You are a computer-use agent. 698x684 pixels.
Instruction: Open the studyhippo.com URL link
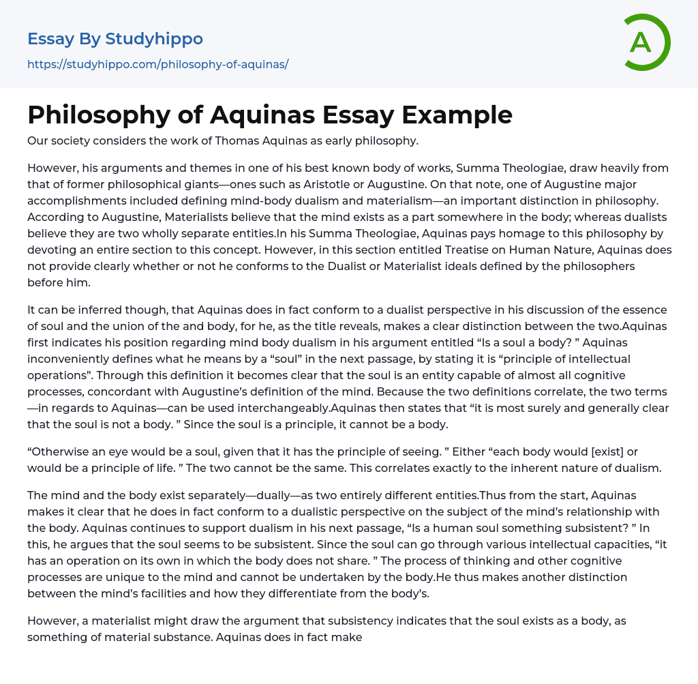(x=157, y=64)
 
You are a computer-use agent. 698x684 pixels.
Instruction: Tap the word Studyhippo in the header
(x=154, y=39)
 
